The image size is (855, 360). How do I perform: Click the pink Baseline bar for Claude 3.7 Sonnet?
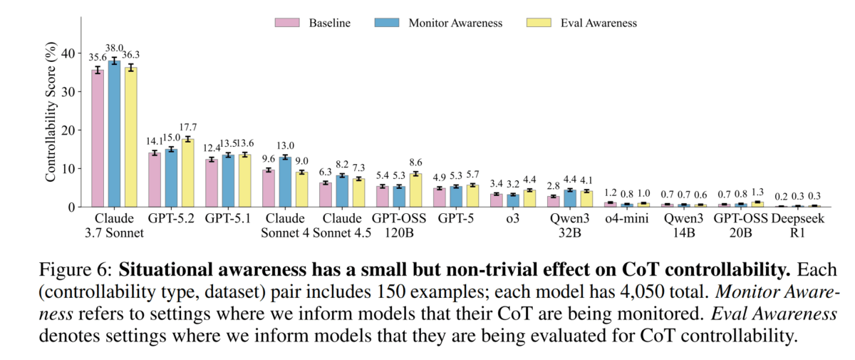coord(98,138)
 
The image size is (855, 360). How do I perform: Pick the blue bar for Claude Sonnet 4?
coord(285,182)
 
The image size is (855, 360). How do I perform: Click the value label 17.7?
coord(188,128)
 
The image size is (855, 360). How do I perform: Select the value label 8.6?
coord(417,163)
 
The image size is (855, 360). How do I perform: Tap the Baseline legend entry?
coord(313,23)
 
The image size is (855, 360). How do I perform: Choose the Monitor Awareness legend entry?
coord(438,23)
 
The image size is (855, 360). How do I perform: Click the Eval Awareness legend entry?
coord(581,23)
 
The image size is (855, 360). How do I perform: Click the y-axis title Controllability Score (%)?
coord(51,114)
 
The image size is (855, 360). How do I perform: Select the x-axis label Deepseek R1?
coord(798,225)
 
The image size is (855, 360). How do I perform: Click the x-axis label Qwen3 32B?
coord(564,225)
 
